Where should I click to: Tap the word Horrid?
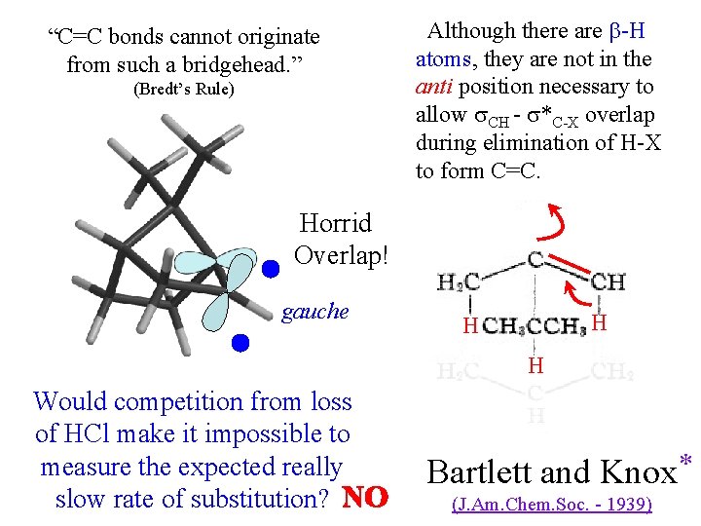click(335, 223)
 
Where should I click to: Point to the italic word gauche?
click(314, 312)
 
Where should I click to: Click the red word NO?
click(366, 499)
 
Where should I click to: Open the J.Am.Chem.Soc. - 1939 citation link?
click(552, 505)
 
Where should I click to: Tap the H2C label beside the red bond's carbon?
click(457, 282)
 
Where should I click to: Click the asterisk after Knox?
click(685, 460)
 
